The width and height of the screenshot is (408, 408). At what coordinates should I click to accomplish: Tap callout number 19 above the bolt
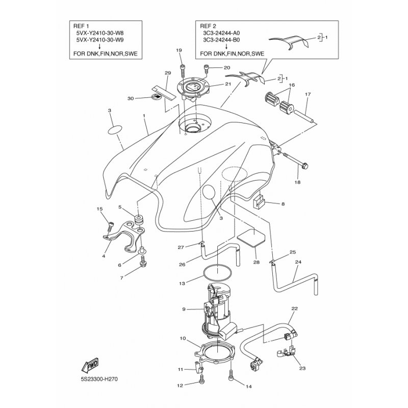(x=179, y=50)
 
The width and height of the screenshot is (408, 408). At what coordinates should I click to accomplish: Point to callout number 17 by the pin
(x=308, y=94)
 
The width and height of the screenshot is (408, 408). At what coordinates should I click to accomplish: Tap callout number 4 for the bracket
(x=103, y=256)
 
